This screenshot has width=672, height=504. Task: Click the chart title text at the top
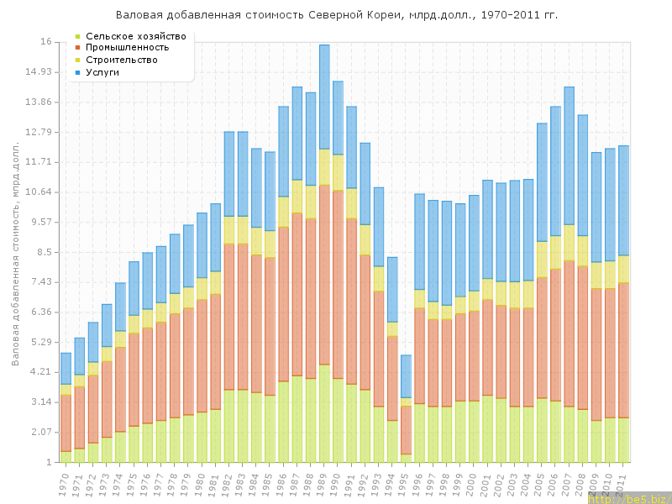click(336, 15)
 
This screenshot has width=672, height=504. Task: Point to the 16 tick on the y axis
click(45, 42)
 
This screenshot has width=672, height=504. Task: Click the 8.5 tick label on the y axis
click(42, 252)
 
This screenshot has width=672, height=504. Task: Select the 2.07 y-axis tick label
click(39, 432)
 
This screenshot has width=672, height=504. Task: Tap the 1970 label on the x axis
click(65, 481)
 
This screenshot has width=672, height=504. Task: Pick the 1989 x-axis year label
click(323, 481)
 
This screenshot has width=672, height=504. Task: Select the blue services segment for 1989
click(324, 97)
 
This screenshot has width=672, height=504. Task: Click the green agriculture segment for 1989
click(324, 412)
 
